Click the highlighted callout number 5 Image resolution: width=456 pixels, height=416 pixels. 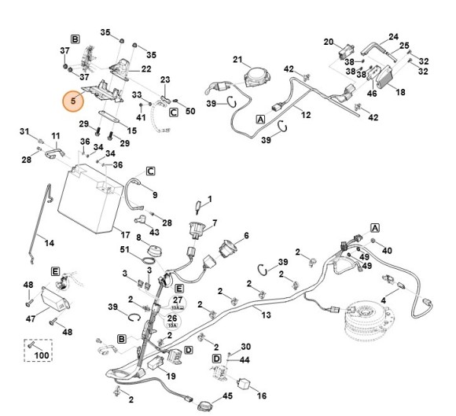coord(75,101)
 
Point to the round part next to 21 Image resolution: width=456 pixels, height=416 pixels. coord(258,75)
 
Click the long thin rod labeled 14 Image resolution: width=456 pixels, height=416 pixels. coord(35,228)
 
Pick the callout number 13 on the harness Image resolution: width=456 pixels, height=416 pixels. coord(266,315)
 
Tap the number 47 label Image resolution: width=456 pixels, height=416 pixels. coord(31,320)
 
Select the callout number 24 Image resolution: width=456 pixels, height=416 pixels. coord(393,36)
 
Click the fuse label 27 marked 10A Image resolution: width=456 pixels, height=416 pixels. coord(178,300)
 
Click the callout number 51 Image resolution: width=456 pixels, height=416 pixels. coord(123,250)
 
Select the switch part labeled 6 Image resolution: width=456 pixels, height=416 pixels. coord(229,248)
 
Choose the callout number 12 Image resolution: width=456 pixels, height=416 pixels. coord(306,115)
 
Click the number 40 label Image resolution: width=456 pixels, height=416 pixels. coord(387,251)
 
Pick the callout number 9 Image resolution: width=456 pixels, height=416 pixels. coord(154,195)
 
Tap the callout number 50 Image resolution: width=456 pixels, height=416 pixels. coord(190,111)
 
